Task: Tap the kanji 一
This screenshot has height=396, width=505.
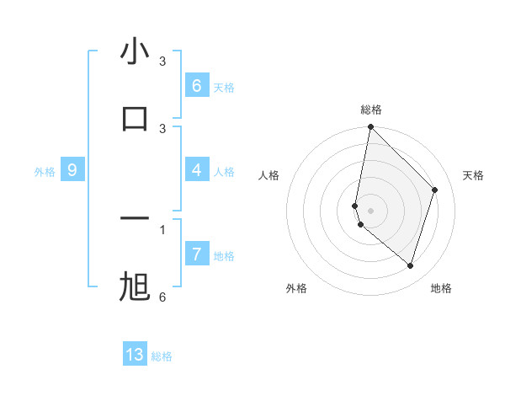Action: coord(135,219)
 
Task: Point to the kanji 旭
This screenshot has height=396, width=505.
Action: coord(135,287)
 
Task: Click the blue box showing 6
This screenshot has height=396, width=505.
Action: coord(196,86)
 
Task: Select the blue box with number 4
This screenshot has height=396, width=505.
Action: coord(196,170)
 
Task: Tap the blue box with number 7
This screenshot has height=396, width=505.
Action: coord(196,254)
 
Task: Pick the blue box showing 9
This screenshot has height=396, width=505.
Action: coord(72,170)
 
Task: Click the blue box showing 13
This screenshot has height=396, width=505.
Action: coord(135,355)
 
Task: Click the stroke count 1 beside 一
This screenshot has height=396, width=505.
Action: coord(162,228)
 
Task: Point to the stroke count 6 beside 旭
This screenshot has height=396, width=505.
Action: coord(162,297)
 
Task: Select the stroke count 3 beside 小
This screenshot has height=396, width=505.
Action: coord(162,61)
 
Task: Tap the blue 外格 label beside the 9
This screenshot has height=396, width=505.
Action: coord(45,172)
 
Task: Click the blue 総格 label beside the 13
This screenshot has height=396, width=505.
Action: coord(162,356)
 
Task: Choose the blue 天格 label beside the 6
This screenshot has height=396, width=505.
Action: coord(224,88)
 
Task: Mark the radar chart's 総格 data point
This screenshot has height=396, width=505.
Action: coord(370,127)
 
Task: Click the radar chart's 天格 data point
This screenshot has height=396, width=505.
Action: coord(435,190)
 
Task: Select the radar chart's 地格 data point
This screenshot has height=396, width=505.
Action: coord(410,266)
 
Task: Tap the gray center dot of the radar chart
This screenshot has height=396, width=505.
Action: coord(370,210)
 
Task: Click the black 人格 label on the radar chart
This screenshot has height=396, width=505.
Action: coord(268,175)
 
